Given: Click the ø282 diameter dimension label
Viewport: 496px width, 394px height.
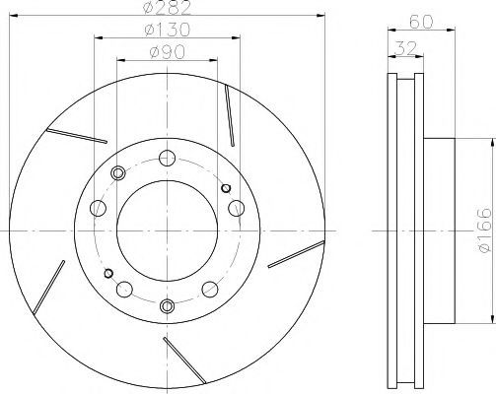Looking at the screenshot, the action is coord(168,8).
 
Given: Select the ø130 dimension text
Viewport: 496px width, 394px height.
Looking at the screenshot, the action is coord(168,30).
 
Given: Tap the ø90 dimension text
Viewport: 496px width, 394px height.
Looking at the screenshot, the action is coord(168,52).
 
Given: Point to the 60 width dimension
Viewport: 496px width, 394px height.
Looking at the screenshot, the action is coord(421,22).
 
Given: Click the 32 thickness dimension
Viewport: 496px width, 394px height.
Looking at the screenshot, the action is coord(405,49).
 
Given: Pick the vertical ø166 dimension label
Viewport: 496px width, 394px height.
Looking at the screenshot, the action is coord(485,230).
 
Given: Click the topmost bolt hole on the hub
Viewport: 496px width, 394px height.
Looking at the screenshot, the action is coord(167,158).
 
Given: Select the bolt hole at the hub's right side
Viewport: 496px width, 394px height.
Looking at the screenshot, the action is coord(237,208).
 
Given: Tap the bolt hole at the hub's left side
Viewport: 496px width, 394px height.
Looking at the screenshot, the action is coord(98,208).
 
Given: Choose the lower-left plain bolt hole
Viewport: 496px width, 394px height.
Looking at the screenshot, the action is coord(124,290).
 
